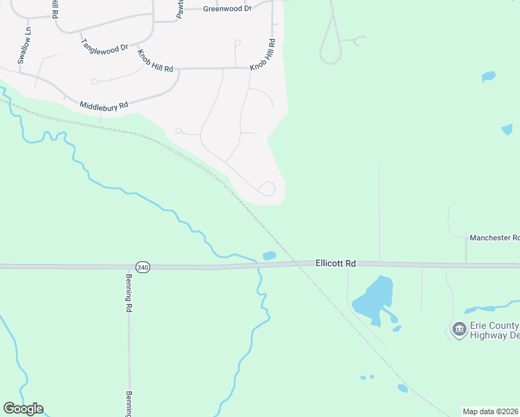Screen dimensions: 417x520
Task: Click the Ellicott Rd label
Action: point(335,263)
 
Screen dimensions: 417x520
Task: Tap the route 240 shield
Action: point(143,267)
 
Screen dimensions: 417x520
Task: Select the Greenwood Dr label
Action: point(227,9)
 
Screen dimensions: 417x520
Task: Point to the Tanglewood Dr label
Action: point(105,47)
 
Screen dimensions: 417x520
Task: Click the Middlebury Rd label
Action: point(104,106)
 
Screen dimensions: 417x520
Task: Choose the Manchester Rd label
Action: point(494,238)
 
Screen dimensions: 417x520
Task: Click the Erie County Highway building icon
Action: point(459,329)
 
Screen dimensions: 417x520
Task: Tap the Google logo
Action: point(23,409)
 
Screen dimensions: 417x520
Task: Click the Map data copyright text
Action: point(491,411)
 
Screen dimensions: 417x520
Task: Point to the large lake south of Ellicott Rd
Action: point(374,297)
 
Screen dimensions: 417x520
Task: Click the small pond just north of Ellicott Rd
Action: point(269,255)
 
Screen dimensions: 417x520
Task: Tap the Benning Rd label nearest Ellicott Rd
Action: point(129,297)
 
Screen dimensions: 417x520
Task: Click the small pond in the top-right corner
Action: point(488,76)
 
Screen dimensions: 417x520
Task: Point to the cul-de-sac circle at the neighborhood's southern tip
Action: point(267,188)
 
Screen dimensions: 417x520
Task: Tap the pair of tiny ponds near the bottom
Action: point(366,377)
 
